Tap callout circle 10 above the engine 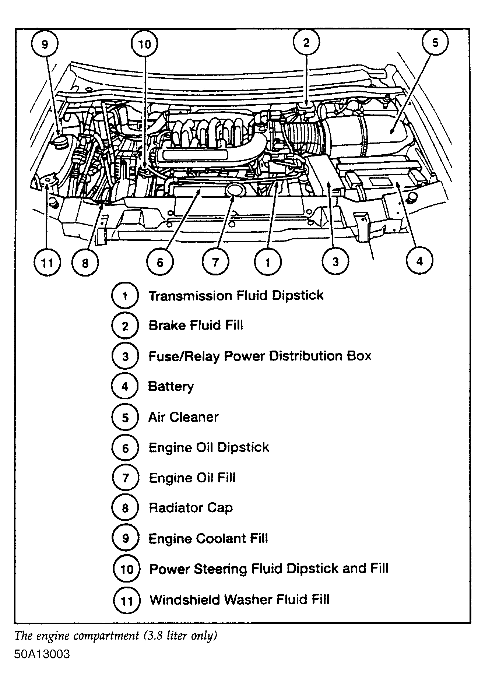[x=144, y=45]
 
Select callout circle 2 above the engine [x=306, y=43]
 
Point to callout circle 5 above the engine [x=435, y=43]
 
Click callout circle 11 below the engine [x=47, y=263]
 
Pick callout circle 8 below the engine [x=85, y=263]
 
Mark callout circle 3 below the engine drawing [x=335, y=262]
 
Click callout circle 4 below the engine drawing [x=419, y=261]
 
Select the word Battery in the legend [x=171, y=387]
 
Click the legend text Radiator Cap [x=190, y=508]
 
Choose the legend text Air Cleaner [x=183, y=417]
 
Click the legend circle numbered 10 [x=126, y=569]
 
